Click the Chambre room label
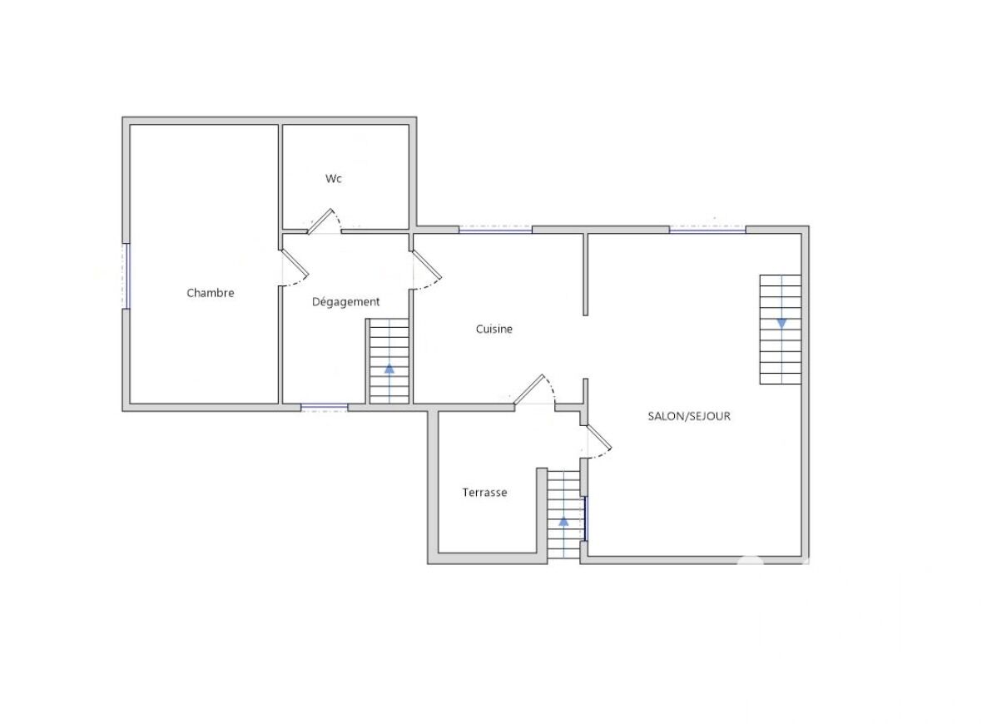(211, 292)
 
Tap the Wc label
(333, 178)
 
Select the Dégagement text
(345, 302)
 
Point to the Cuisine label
(494, 329)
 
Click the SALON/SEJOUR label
(689, 416)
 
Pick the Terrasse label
(484, 493)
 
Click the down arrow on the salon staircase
(781, 323)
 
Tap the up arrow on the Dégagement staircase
(389, 369)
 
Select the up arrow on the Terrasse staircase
(563, 520)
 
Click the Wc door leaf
(320, 221)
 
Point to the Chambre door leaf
(295, 263)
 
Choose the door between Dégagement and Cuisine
(426, 265)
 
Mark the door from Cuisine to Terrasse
(529, 389)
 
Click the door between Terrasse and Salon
(598, 438)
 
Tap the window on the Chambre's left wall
(127, 275)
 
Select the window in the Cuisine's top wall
(495, 230)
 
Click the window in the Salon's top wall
(707, 230)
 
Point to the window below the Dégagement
(325, 408)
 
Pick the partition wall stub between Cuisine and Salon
(586, 275)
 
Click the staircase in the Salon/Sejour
(781, 330)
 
